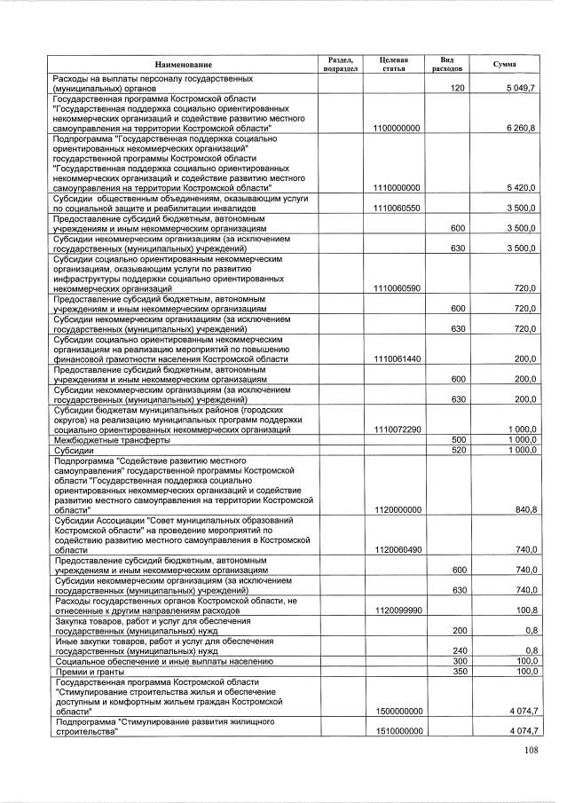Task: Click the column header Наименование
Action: tap(184, 65)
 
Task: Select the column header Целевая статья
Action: tap(393, 64)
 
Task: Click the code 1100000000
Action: tap(397, 129)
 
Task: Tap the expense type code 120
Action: tap(458, 89)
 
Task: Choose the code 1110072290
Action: tap(397, 429)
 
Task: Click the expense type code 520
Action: tap(459, 450)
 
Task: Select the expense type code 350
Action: tap(459, 672)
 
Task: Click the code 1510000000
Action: tap(397, 731)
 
